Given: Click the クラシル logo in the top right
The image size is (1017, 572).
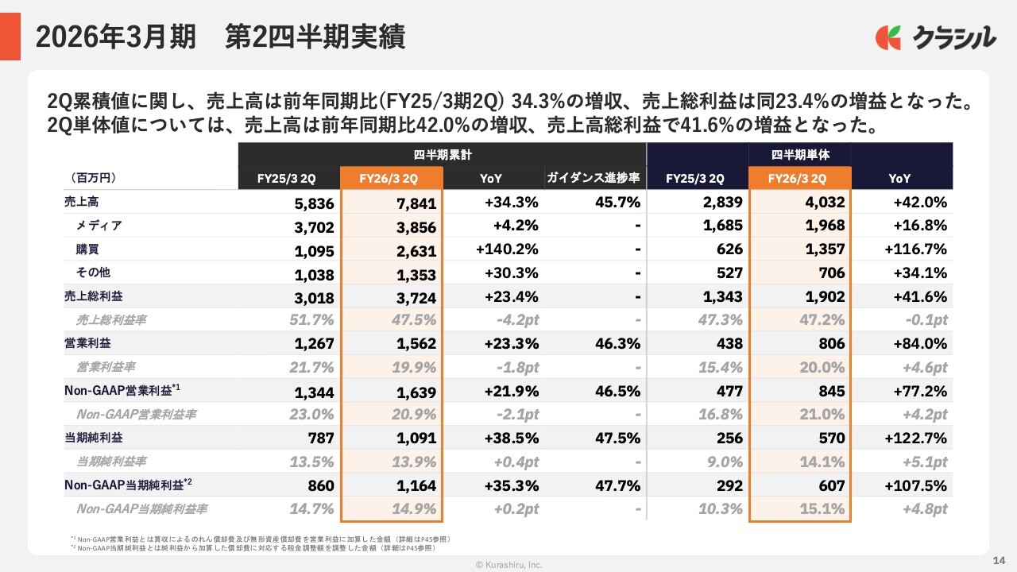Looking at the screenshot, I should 935,38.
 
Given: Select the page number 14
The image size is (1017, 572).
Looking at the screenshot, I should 1000,560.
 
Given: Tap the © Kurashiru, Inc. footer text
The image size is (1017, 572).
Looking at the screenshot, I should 508,564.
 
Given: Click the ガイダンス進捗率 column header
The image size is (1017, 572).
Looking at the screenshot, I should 593,179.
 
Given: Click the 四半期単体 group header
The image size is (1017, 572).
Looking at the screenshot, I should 799,155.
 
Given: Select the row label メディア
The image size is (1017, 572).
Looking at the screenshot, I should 99,226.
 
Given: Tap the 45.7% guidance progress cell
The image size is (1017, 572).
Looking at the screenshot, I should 617,203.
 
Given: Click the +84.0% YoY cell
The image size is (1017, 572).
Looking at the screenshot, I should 920,344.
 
